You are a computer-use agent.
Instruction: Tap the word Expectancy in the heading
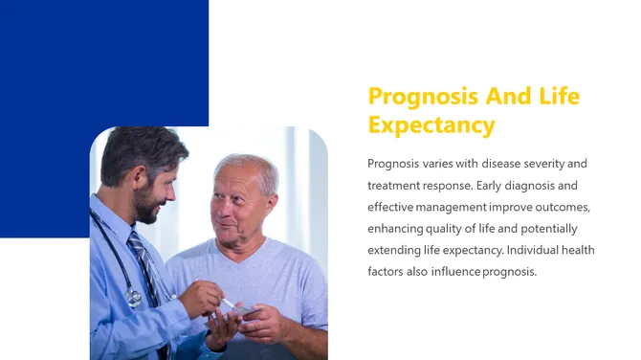tap(431, 125)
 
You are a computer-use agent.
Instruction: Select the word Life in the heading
tap(560, 97)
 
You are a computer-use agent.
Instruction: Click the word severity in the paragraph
tap(550, 163)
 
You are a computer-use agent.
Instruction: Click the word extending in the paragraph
tap(395, 250)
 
